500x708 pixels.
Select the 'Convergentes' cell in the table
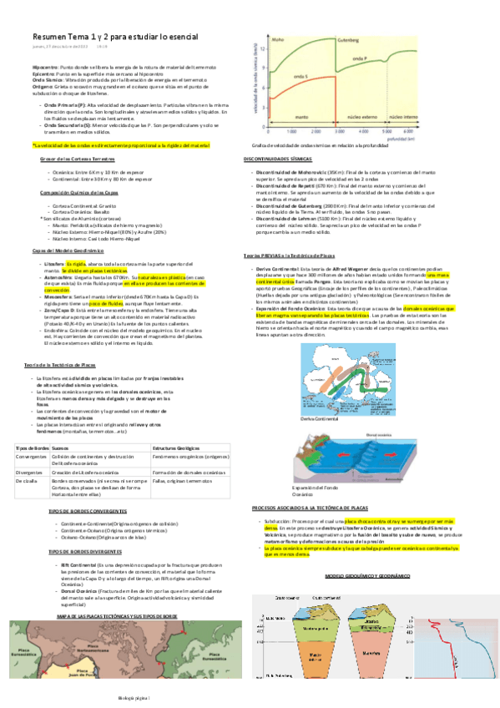tap(31, 456)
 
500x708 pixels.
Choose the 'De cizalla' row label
tap(27, 480)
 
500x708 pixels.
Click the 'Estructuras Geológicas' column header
tap(179, 448)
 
